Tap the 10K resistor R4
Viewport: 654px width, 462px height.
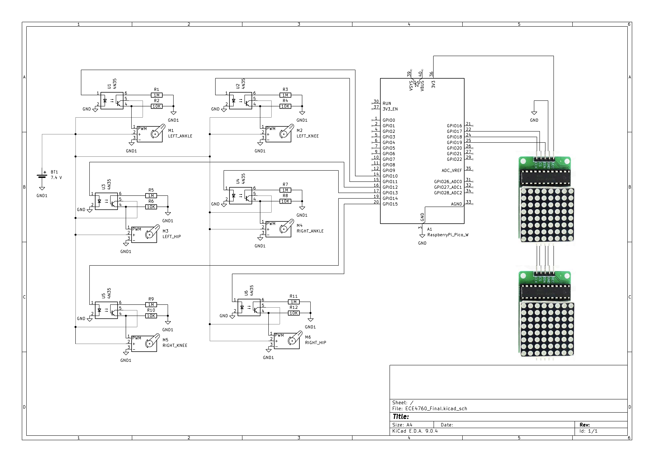285,106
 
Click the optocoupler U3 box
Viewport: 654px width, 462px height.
106,201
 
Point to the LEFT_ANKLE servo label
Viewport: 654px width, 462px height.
180,136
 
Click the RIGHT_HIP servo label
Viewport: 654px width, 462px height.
315,343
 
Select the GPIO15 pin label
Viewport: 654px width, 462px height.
390,204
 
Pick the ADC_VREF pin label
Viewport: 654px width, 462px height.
451,171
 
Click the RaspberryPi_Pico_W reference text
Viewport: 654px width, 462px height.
448,235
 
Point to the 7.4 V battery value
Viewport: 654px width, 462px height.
56,178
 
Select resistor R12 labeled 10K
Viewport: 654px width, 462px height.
293,313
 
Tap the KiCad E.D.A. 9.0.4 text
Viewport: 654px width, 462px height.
415,431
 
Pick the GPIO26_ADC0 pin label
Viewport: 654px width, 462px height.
448,182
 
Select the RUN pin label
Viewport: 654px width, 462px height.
387,104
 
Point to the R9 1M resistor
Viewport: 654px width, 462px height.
151,305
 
